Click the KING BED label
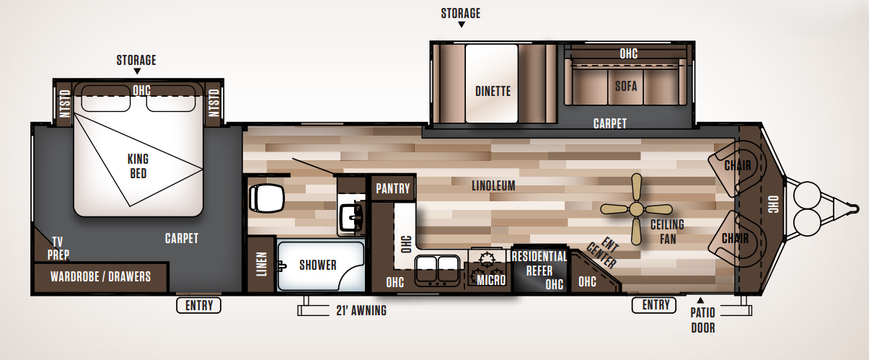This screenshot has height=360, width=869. (138, 167)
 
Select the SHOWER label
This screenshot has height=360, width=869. (318, 265)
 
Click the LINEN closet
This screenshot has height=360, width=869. (261, 264)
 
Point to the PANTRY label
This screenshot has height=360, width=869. (393, 189)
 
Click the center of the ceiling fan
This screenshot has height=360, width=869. (635, 209)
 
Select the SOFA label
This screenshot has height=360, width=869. (626, 86)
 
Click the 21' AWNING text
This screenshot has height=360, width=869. (361, 311)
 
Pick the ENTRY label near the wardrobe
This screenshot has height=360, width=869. (199, 305)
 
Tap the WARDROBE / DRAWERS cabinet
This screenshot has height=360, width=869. (100, 276)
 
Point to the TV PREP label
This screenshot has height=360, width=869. (58, 247)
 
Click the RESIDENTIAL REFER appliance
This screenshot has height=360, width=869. (539, 270)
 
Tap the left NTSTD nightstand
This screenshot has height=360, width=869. (65, 103)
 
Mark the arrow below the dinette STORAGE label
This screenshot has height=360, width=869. (461, 25)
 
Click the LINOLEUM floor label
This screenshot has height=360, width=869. (493, 185)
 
